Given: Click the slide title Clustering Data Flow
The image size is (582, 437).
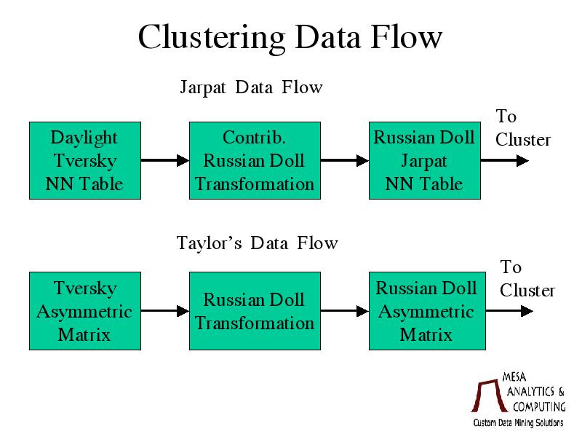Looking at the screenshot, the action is pyautogui.click(x=290, y=38).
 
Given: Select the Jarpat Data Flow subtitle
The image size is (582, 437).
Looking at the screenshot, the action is pyautogui.click(x=251, y=87).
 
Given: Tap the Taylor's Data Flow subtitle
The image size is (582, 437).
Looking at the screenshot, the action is pyautogui.click(x=257, y=243).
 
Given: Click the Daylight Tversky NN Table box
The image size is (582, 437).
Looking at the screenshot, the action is pyautogui.click(x=85, y=160).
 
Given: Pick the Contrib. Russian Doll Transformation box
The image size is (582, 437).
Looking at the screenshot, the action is pyautogui.click(x=255, y=160).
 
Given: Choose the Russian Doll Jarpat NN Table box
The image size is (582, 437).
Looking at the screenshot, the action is pyautogui.click(x=425, y=160).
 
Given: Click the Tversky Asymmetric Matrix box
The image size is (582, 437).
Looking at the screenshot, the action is pyautogui.click(x=85, y=311).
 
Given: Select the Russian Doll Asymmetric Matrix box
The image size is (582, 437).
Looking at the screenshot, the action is pyautogui.click(x=427, y=311).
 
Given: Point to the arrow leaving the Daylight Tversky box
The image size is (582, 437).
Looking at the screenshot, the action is pyautogui.click(x=165, y=160).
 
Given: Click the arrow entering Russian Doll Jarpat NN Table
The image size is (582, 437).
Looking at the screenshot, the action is pyautogui.click(x=345, y=160).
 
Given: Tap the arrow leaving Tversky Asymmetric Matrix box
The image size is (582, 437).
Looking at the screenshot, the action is pyautogui.click(x=165, y=311).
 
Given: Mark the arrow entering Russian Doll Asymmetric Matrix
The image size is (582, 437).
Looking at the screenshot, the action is pyautogui.click(x=345, y=311).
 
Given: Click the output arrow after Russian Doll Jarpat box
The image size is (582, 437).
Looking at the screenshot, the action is pyautogui.click(x=505, y=160).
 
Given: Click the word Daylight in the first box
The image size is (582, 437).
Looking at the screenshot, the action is pyautogui.click(x=84, y=138).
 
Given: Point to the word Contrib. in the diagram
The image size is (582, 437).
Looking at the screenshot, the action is pyautogui.click(x=254, y=138).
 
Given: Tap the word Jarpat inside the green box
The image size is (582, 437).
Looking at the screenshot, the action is pyautogui.click(x=424, y=162).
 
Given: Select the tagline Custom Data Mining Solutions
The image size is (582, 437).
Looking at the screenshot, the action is pyautogui.click(x=518, y=423).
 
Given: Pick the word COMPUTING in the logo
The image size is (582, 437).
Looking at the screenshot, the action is pyautogui.click(x=539, y=406).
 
